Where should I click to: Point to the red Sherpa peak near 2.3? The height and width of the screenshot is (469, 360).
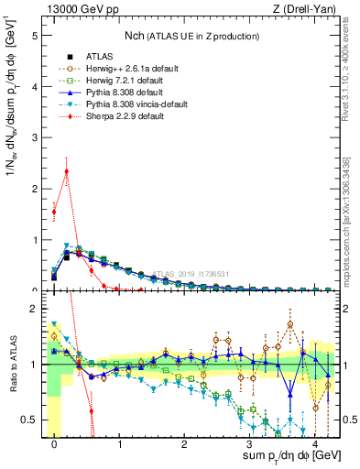tap(66, 170)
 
